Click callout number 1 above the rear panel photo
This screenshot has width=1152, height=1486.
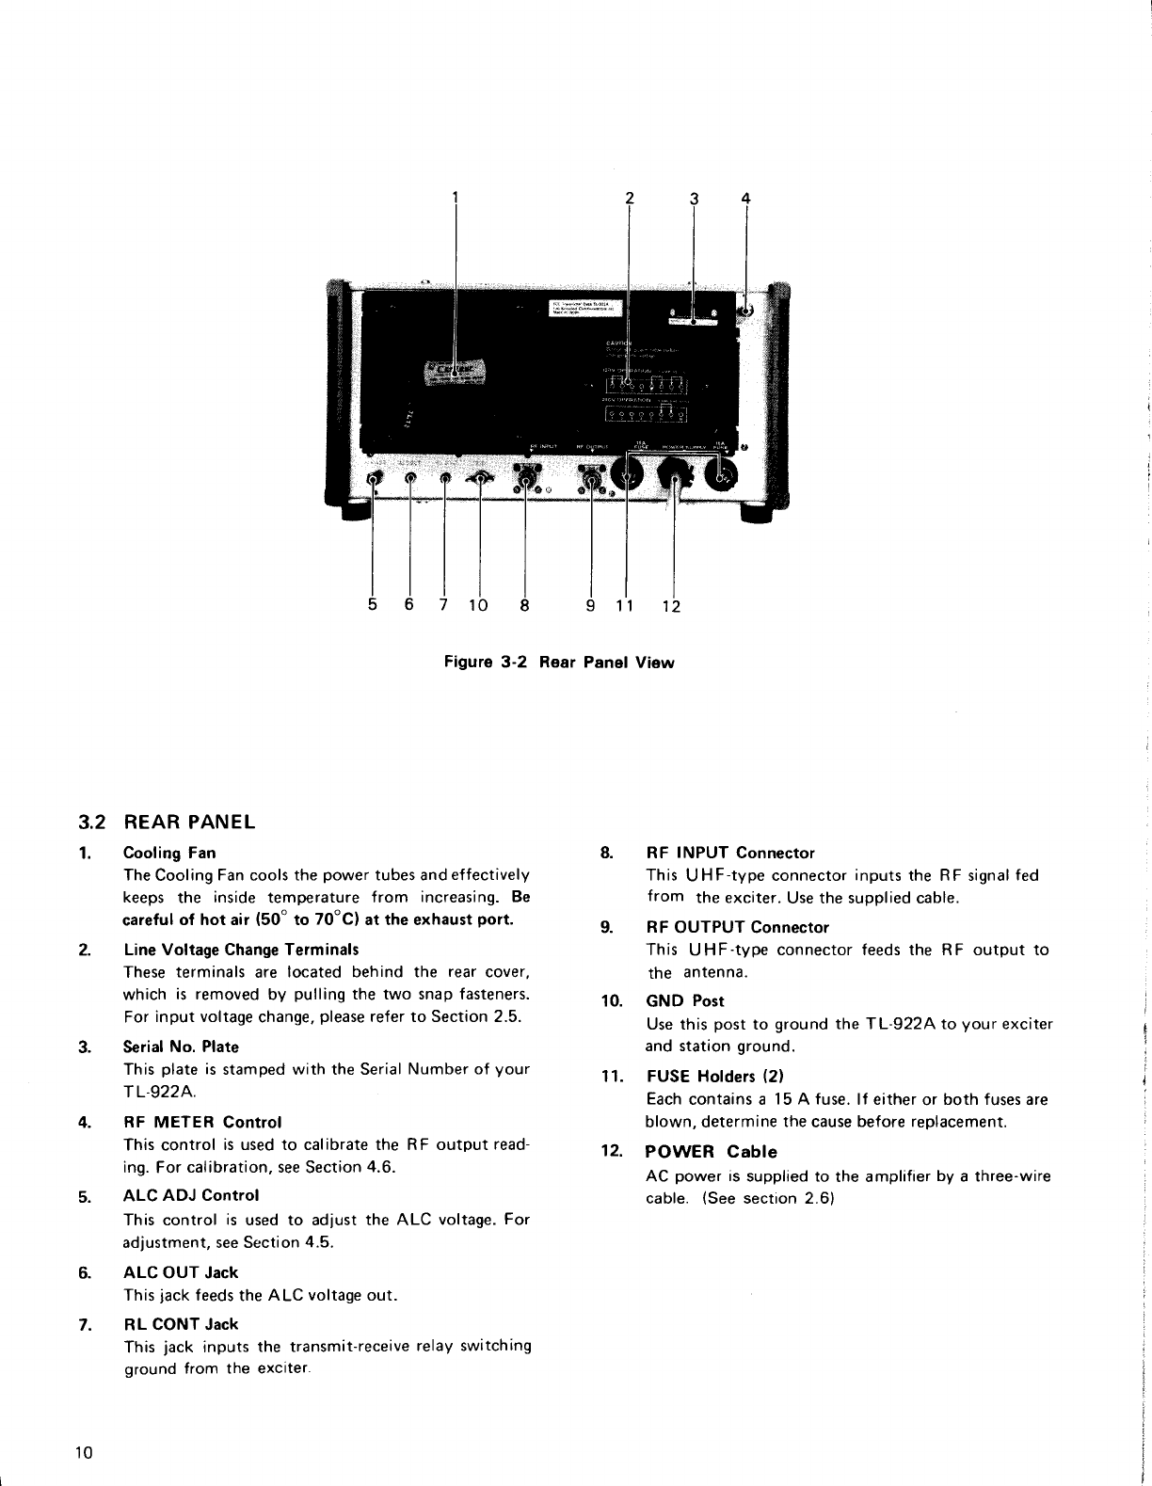(x=455, y=197)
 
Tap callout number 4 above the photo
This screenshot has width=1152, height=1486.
(x=745, y=198)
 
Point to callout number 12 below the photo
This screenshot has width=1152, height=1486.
(x=670, y=607)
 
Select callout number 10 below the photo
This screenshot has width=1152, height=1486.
(x=477, y=606)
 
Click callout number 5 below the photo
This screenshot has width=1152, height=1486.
(x=374, y=605)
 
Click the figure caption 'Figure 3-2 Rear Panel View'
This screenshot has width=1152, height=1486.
(x=559, y=662)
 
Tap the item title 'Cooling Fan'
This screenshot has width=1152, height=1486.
(x=169, y=853)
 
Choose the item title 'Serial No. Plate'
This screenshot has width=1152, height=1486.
(x=181, y=1047)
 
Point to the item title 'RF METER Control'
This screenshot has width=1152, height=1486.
(x=202, y=1122)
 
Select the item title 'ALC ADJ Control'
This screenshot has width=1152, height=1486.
(x=191, y=1195)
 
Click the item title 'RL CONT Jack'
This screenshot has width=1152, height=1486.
(x=181, y=1323)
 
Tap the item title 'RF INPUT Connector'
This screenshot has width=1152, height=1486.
(x=729, y=853)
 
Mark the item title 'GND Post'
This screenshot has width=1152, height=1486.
(x=684, y=1000)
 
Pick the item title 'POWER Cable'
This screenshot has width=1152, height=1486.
(x=711, y=1152)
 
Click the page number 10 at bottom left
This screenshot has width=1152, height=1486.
(x=84, y=1452)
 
